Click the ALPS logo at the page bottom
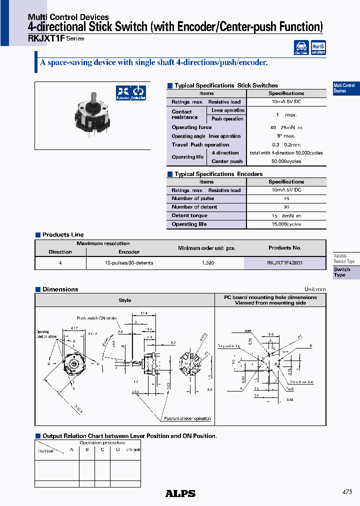click(x=180, y=493)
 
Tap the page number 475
click(x=347, y=492)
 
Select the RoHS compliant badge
click(x=318, y=47)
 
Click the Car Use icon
click(x=301, y=47)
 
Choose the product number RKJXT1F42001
click(x=285, y=262)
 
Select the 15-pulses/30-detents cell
click(x=129, y=262)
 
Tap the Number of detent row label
click(x=194, y=207)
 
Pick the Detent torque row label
click(x=189, y=215)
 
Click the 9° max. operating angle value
click(x=286, y=136)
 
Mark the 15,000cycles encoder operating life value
click(x=286, y=224)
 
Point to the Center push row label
click(x=227, y=161)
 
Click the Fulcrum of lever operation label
click(x=186, y=418)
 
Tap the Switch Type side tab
click(x=342, y=272)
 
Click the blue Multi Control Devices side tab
click(x=344, y=88)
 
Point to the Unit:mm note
click(x=315, y=289)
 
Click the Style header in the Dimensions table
click(x=125, y=300)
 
